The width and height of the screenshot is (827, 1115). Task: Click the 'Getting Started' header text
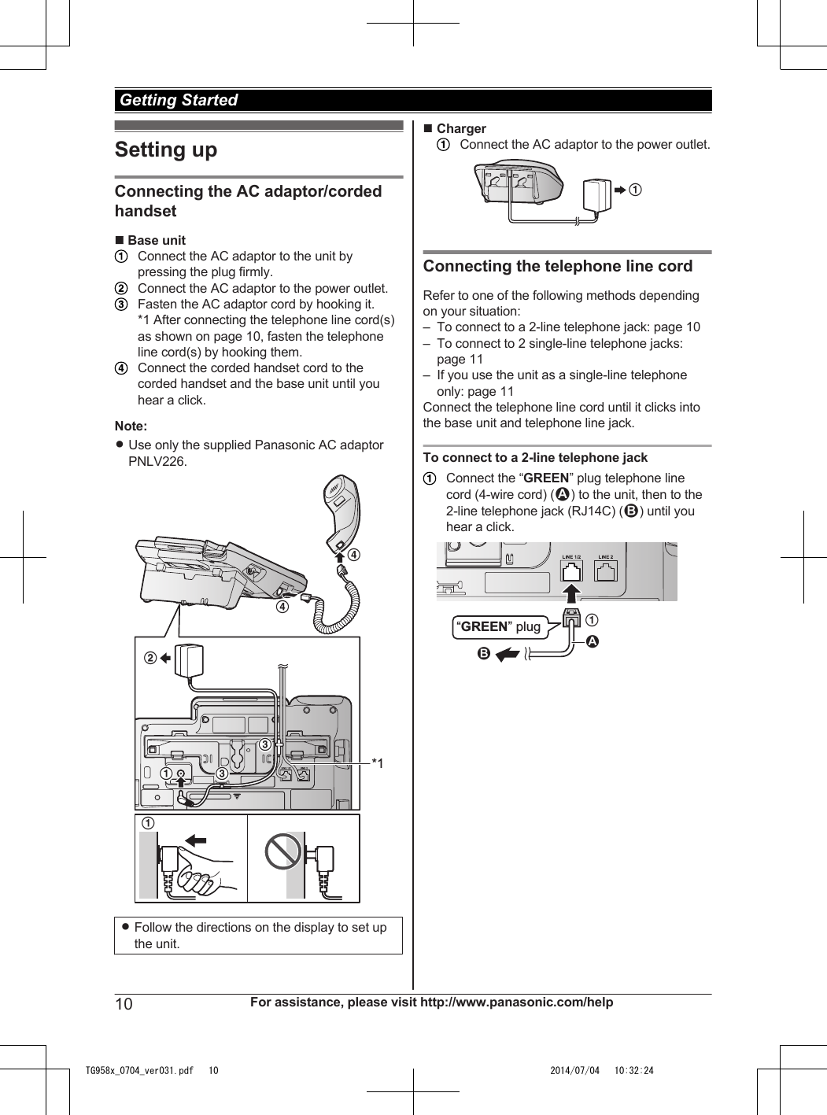coord(179,100)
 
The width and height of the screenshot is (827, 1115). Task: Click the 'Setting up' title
coord(166,150)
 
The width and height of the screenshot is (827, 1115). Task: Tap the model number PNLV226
coord(157,461)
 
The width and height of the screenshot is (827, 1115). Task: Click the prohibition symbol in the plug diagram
coord(283,851)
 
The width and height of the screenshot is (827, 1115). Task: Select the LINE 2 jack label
coord(606,557)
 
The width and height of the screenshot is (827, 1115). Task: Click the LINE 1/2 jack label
coord(572,557)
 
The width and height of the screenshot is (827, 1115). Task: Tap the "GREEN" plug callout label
coord(500,626)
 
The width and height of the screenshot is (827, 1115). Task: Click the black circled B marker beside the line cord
coord(484,653)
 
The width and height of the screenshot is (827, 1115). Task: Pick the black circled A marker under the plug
coord(593,641)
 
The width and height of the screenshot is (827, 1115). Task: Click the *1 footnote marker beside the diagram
coord(378,763)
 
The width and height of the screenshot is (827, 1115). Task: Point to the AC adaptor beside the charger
coord(596,195)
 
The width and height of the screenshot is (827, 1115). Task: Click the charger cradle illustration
coord(519,183)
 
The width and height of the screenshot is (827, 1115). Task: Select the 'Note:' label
coord(131,426)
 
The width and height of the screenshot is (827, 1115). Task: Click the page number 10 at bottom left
coord(124,1003)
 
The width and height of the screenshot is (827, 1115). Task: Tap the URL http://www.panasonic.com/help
coord(516,1002)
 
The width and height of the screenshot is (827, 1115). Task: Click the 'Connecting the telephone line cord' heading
coord(558,266)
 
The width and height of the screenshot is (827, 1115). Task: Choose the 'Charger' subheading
coord(461,128)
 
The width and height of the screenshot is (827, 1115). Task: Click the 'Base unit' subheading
coord(157,240)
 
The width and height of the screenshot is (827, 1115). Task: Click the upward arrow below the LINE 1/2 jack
coord(572,593)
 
